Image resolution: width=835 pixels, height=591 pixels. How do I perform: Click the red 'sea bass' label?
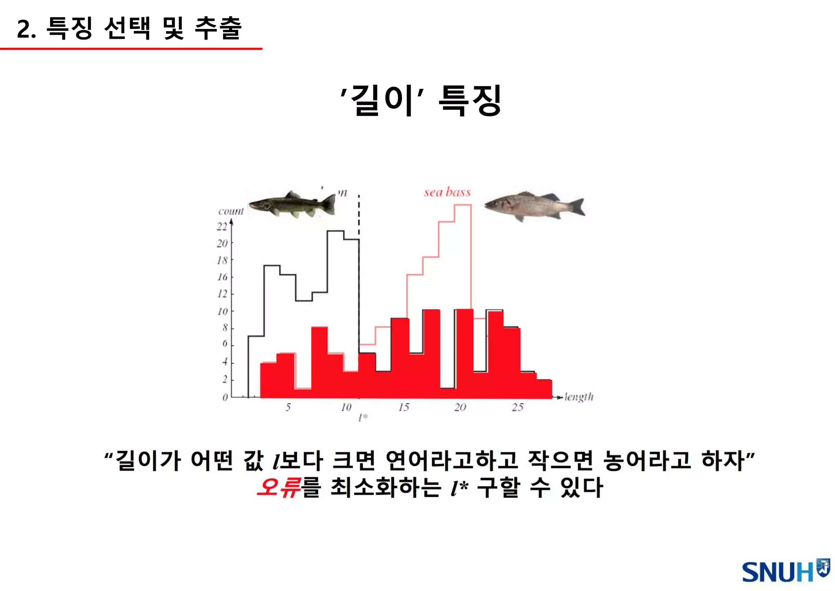[x=447, y=192]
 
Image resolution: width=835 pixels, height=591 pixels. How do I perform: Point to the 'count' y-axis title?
[x=231, y=211]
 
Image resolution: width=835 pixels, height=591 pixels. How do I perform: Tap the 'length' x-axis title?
[x=579, y=397]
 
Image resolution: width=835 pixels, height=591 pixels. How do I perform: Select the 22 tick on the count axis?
[x=222, y=227]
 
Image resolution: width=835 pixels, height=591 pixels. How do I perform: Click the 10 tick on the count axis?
[x=222, y=312]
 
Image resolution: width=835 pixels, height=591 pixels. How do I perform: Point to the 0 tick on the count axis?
[x=225, y=398]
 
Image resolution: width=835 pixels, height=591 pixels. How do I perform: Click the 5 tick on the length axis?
[x=288, y=407]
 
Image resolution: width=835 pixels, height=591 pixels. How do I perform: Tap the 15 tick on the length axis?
[x=404, y=407]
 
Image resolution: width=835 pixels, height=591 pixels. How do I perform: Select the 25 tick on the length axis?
[x=517, y=407]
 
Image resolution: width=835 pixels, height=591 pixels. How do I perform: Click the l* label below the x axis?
[x=363, y=418]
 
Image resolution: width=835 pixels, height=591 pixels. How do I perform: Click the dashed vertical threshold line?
[x=359, y=216]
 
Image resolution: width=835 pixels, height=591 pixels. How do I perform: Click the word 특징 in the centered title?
[x=470, y=100]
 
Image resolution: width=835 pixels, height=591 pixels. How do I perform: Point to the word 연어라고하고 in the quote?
[x=451, y=461]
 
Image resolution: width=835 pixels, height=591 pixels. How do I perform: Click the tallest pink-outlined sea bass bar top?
[x=463, y=205]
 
